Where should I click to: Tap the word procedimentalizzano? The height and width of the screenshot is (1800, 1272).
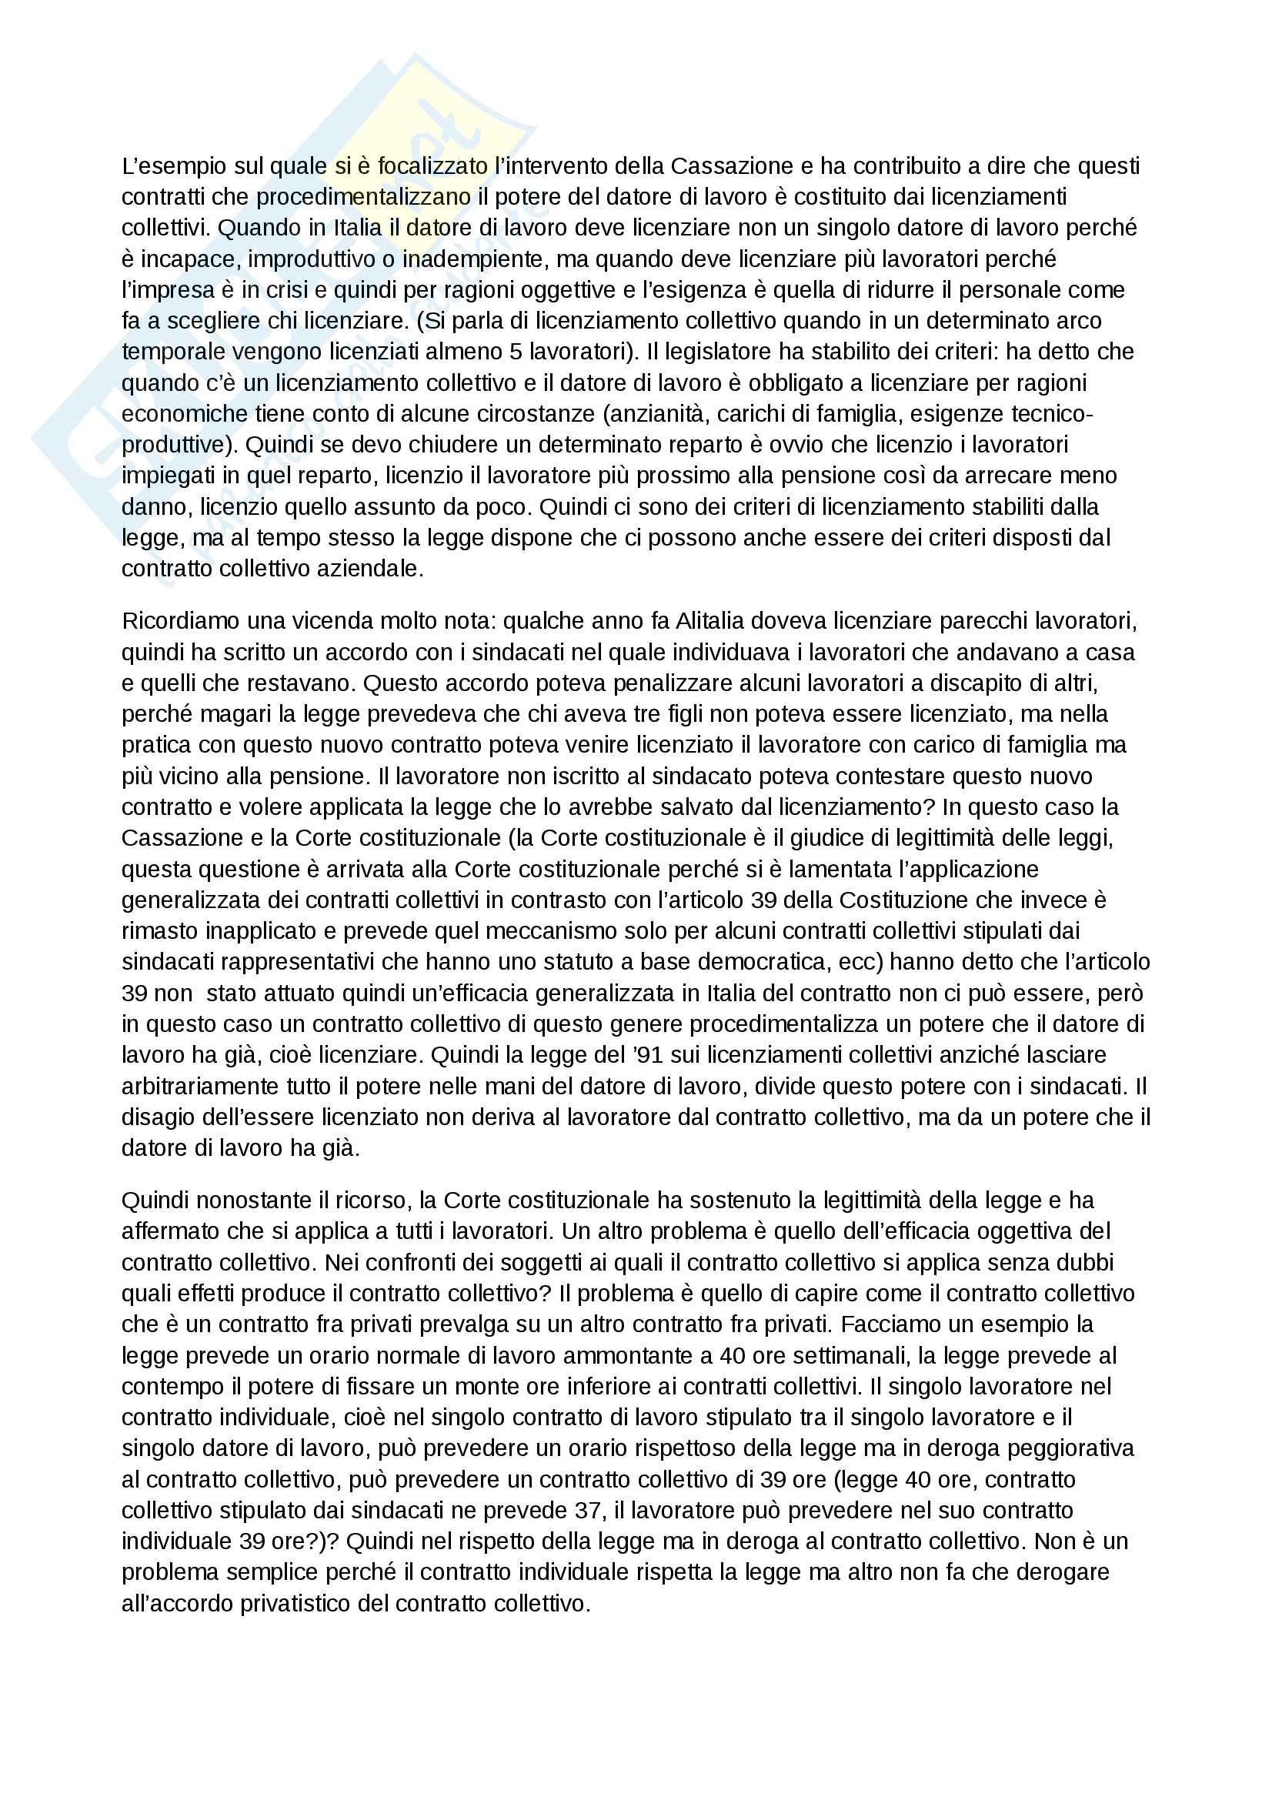pyautogui.click(x=364, y=197)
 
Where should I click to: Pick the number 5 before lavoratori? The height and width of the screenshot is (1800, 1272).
pyautogui.click(x=516, y=352)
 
